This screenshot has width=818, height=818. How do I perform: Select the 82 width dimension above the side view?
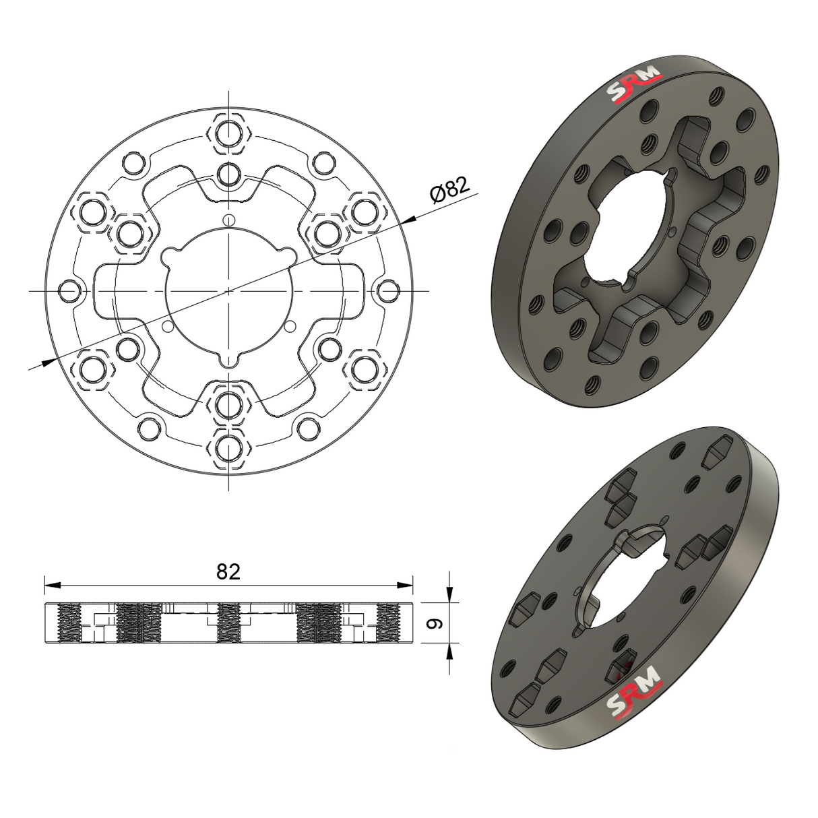[228, 571]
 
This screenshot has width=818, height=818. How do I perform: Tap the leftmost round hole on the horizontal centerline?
[69, 291]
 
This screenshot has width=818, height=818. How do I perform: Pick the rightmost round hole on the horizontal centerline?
[388, 291]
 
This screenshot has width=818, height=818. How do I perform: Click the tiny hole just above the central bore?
[229, 219]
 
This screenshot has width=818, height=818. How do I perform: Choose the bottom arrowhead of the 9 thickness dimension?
[449, 650]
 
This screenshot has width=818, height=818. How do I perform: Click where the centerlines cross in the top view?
[229, 291]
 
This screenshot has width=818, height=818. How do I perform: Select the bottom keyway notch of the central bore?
[229, 358]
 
